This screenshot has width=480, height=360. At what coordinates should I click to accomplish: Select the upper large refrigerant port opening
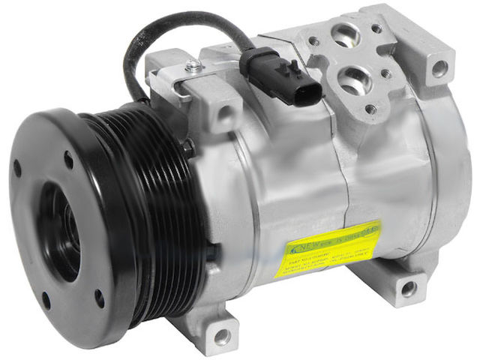(x=346, y=32)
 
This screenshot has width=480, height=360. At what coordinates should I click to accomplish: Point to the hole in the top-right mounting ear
(x=439, y=68)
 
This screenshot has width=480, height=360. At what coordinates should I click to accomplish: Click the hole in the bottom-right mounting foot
(x=408, y=289)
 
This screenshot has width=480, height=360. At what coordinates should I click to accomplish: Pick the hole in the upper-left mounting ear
(x=224, y=114)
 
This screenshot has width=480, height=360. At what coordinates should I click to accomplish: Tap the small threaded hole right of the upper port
(x=376, y=29)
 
